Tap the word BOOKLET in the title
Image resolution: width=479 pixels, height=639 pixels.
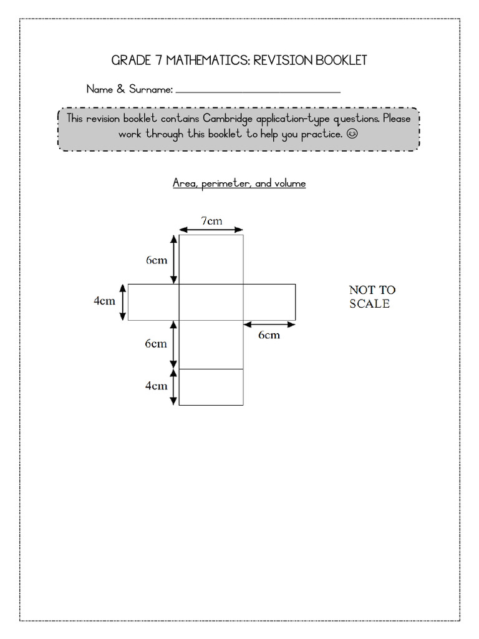click(340, 61)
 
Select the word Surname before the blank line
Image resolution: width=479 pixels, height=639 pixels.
click(150, 90)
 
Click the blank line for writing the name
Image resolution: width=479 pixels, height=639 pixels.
click(258, 92)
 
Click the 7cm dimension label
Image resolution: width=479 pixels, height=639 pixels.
click(211, 220)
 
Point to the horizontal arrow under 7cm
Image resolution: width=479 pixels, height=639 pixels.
click(211, 230)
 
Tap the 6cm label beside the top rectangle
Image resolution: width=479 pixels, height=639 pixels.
click(157, 260)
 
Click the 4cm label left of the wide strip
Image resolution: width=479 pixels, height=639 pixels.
click(104, 301)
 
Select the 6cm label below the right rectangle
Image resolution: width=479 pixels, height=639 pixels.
click(269, 335)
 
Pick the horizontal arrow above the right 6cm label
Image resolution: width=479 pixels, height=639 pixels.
click(269, 324)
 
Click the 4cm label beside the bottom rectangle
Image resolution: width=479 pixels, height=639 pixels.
click(157, 386)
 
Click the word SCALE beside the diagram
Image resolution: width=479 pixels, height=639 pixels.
click(369, 304)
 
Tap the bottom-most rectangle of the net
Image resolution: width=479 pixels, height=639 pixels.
click(211, 387)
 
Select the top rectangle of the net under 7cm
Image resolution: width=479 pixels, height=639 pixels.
click(211, 259)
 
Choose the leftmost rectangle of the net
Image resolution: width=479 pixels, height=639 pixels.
click(153, 302)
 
